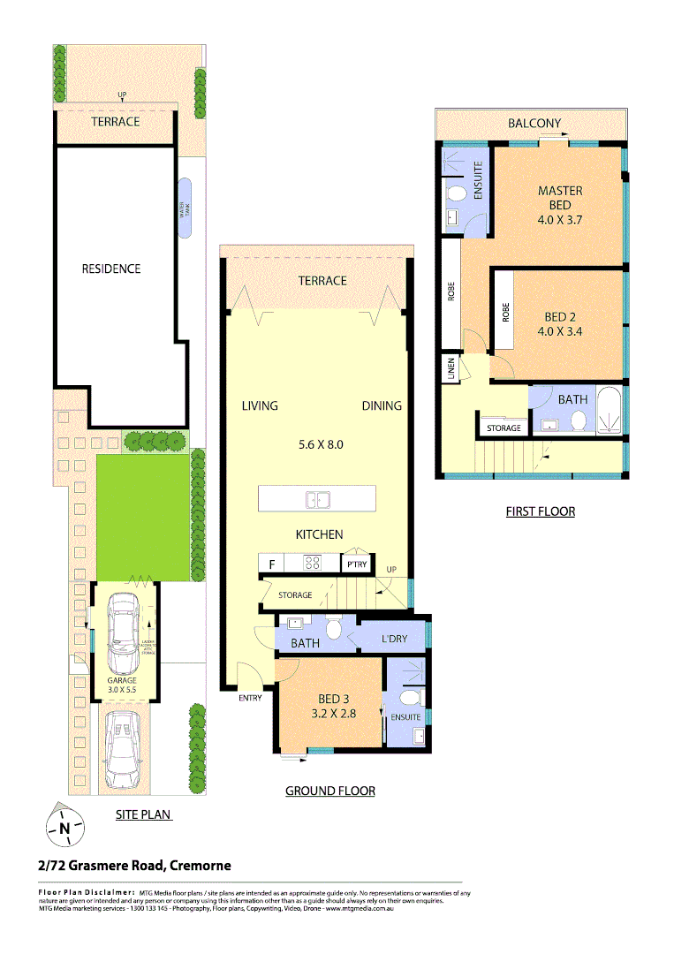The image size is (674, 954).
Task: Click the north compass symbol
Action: click(64, 828)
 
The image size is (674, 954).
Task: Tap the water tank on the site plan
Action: click(185, 208)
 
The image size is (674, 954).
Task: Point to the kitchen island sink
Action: click(317, 499)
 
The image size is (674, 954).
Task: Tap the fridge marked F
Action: click(270, 562)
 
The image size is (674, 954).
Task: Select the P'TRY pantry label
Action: click(357, 564)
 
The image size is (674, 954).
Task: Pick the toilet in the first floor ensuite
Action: click(457, 193)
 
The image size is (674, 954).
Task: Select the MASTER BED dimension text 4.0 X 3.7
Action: click(559, 220)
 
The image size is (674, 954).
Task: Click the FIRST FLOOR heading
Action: click(540, 511)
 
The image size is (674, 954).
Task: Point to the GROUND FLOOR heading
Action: click(329, 791)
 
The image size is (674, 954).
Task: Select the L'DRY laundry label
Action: click(395, 638)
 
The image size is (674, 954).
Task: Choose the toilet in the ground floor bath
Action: click(334, 628)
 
